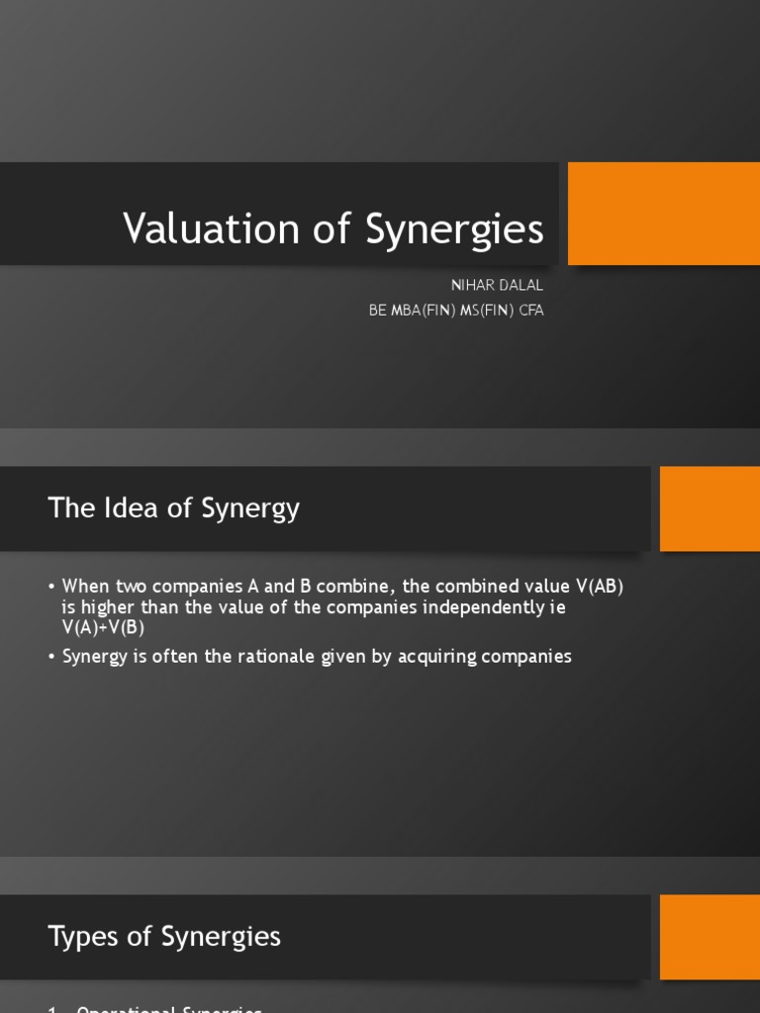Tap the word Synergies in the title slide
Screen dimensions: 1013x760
(x=454, y=229)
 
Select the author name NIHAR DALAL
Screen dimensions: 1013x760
(x=497, y=285)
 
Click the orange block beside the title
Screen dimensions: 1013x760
(x=663, y=214)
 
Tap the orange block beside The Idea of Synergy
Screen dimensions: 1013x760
(x=710, y=508)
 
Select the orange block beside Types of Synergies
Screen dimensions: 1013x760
(x=710, y=936)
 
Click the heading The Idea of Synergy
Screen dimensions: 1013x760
(x=173, y=508)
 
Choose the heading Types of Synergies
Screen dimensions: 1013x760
(x=164, y=936)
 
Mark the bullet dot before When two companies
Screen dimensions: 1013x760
(x=51, y=587)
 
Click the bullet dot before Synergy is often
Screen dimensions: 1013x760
(x=51, y=657)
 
